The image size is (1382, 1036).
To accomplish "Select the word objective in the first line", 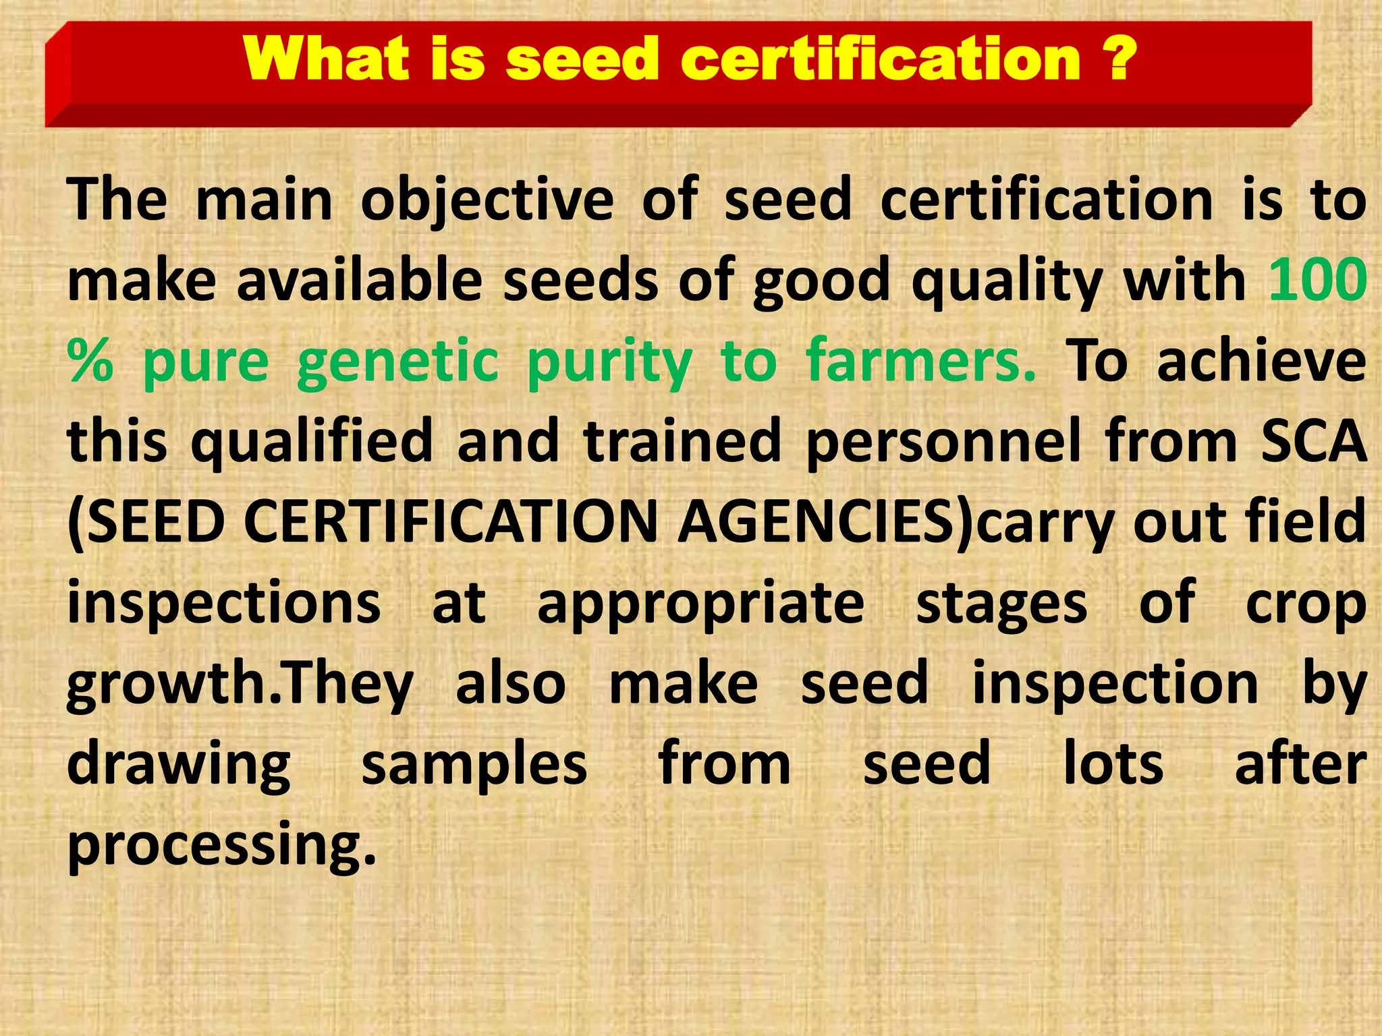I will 487,200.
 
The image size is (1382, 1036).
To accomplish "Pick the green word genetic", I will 397,363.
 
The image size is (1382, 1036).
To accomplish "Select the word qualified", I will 312,442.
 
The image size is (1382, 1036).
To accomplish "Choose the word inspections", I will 224,602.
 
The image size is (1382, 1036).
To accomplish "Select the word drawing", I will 179,765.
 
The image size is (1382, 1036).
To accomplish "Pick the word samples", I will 474,765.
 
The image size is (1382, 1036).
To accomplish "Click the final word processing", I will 221,845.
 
